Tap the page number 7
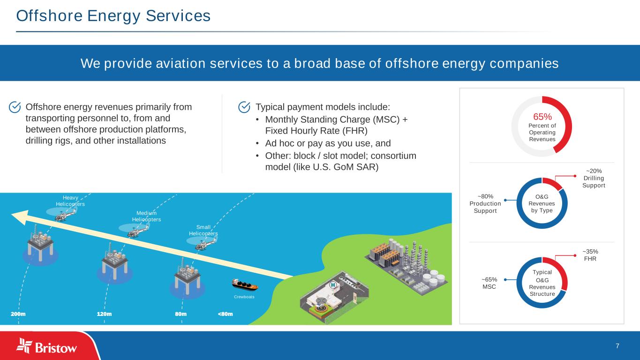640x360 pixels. [x=617, y=346]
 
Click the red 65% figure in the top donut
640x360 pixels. [x=542, y=116]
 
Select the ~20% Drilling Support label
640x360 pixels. [x=594, y=178]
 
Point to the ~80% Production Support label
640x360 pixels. [x=485, y=203]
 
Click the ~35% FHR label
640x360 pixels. [x=590, y=255]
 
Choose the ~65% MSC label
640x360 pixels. [x=489, y=283]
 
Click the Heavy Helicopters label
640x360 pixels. [x=70, y=201]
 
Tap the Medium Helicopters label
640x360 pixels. [x=146, y=216]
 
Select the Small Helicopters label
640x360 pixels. [x=203, y=230]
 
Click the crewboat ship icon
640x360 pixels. [x=244, y=284]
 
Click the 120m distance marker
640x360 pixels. [x=104, y=314]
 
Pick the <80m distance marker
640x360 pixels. [x=225, y=314]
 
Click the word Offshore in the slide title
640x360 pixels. [x=43, y=16]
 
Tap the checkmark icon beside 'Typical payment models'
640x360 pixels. [x=244, y=107]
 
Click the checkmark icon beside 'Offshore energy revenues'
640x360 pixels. [x=15, y=107]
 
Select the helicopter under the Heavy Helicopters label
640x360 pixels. [x=61, y=216]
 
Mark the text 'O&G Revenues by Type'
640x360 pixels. [x=542, y=203]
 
